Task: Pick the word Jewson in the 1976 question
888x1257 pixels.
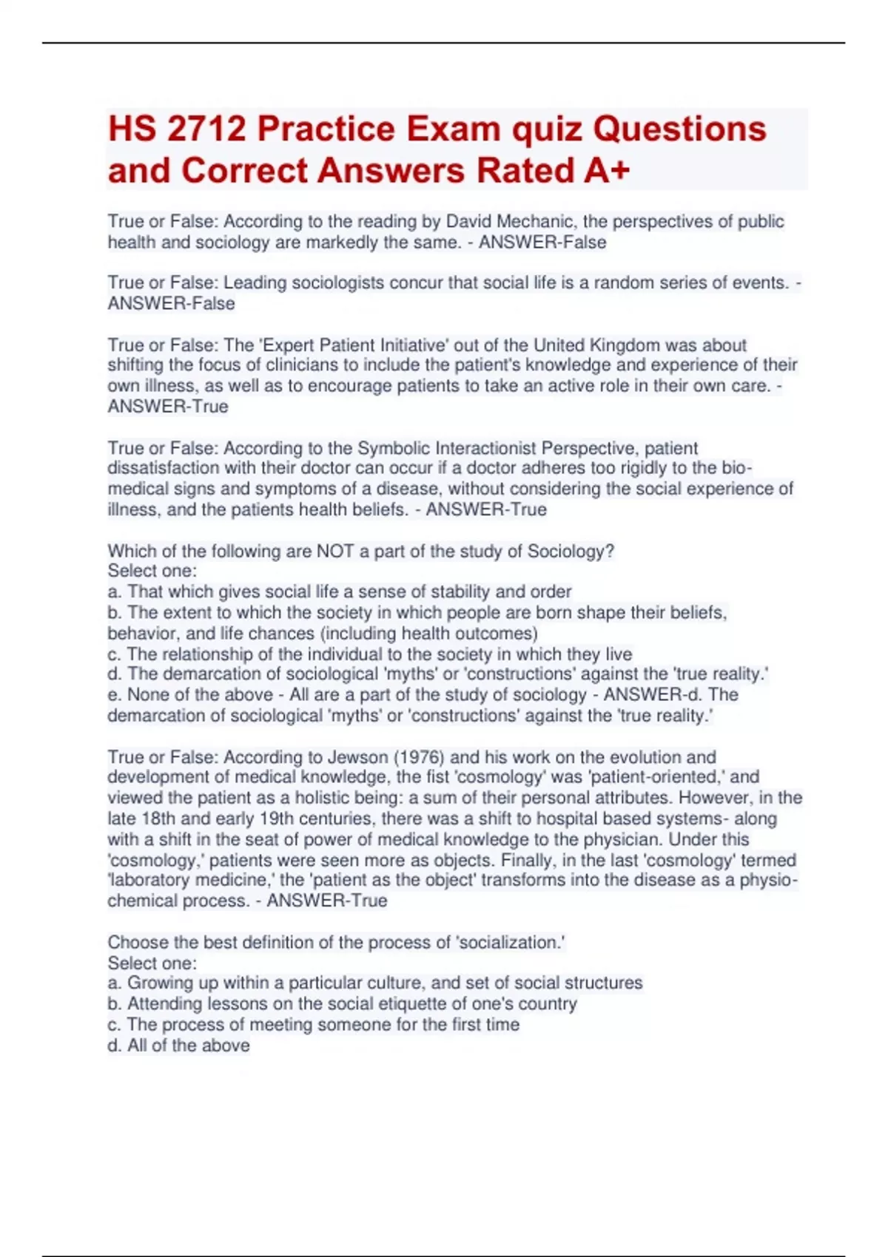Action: pyautogui.click(x=358, y=757)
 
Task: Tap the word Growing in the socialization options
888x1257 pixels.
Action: pyautogui.click(x=158, y=983)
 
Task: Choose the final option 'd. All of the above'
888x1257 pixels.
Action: pyautogui.click(x=178, y=1046)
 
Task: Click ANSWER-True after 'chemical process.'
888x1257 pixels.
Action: pyautogui.click(x=326, y=901)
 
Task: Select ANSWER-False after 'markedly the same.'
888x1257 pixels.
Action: pyautogui.click(x=542, y=242)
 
